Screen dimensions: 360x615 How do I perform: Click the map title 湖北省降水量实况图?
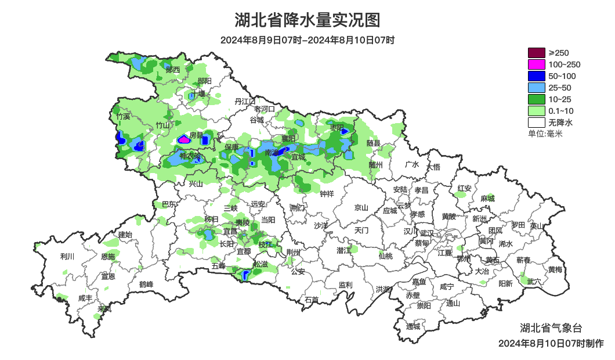tap(307, 20)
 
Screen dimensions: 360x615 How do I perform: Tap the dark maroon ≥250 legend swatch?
tap(537, 53)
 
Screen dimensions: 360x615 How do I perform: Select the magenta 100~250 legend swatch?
tap(537, 64)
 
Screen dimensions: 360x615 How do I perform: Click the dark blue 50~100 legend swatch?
tap(537, 76)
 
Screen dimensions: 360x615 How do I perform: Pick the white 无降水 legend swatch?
tap(537, 123)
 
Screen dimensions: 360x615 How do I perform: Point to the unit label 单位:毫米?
tap(545, 134)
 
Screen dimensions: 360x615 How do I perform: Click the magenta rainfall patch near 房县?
tap(183, 139)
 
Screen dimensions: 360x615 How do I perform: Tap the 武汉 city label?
tap(427, 233)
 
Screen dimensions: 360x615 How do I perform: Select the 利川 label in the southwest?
tap(67, 256)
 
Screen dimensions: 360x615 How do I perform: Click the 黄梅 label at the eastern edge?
tap(555, 269)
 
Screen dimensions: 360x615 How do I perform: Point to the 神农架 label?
tap(190, 156)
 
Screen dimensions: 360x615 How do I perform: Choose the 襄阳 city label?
tap(288, 138)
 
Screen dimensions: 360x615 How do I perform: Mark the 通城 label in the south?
tap(413, 326)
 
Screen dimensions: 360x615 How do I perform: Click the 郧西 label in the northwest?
tap(173, 70)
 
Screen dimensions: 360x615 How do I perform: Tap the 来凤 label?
tap(104, 309)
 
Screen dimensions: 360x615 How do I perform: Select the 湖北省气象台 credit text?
tap(547, 327)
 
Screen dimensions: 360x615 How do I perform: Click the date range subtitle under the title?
tap(307, 41)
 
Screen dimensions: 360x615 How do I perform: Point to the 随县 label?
tap(374, 143)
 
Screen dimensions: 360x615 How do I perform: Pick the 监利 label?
tap(345, 285)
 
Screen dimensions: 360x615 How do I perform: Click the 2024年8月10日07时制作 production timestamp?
tap(551, 343)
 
